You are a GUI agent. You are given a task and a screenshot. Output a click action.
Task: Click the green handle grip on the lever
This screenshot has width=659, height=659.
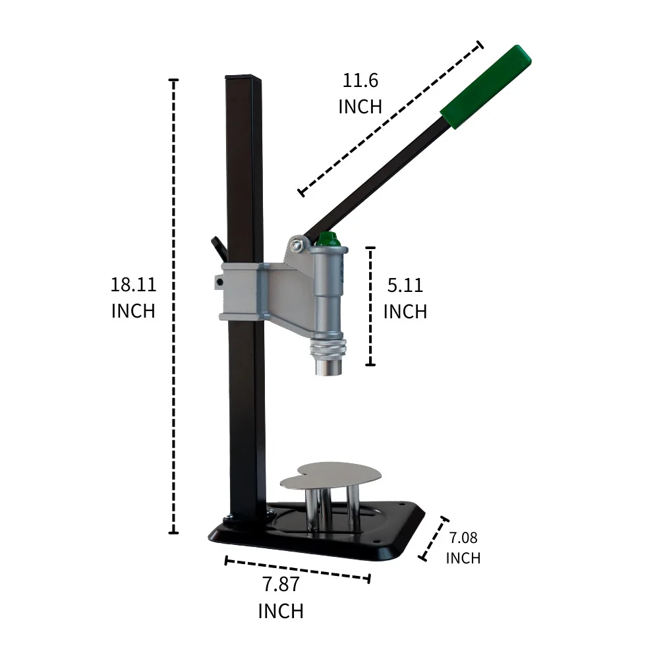pos(486,86)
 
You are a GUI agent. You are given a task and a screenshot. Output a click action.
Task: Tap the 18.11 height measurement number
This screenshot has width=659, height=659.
pos(133,285)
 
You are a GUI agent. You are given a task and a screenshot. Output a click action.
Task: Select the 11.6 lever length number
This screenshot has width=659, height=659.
pos(360,80)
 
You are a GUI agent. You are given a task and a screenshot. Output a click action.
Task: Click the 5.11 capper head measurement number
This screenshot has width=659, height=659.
pos(405,285)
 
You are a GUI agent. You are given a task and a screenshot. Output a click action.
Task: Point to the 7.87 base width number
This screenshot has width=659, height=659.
pos(281,584)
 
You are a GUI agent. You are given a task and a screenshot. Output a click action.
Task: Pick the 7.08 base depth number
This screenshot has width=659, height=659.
pos(463,538)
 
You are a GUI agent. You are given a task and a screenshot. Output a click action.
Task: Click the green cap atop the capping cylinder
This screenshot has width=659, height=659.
pos(328,240)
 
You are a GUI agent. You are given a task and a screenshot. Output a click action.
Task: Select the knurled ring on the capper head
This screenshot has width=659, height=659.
pos(328,349)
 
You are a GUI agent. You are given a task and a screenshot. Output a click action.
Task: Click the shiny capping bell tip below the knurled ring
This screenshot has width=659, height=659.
pos(328,367)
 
